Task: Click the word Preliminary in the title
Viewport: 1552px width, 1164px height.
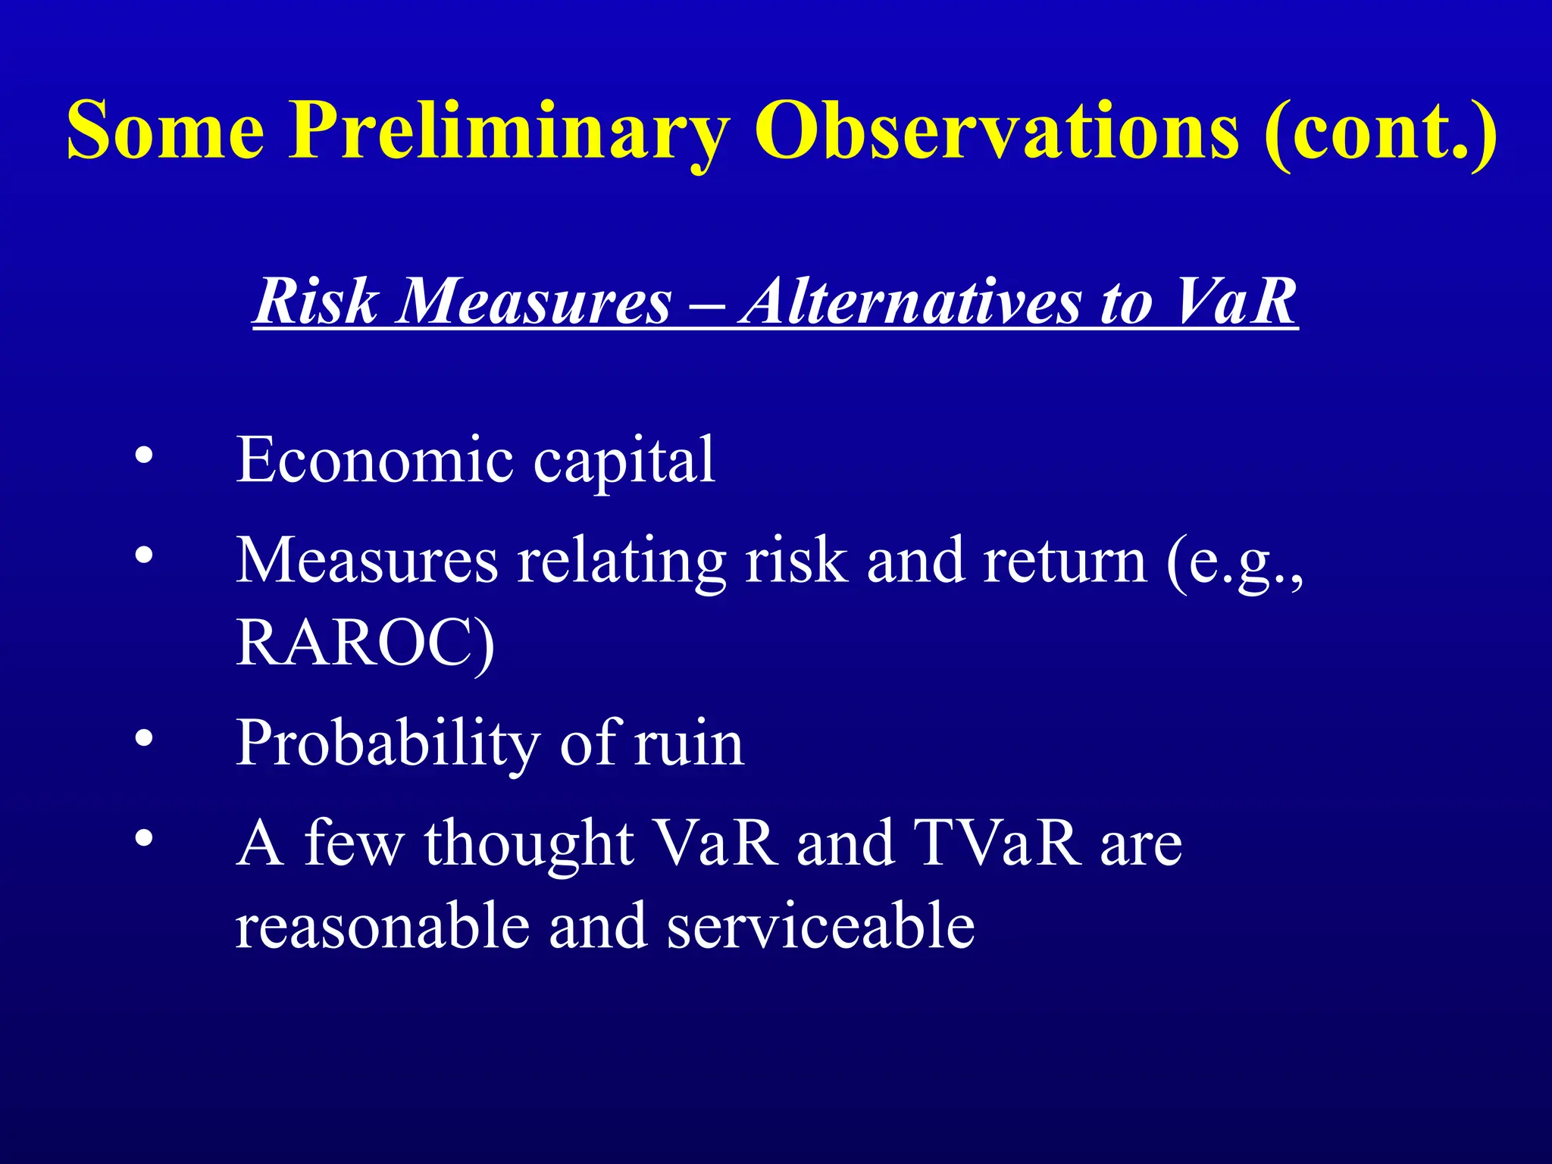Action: [x=509, y=130]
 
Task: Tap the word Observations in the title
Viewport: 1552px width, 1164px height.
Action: [x=997, y=130]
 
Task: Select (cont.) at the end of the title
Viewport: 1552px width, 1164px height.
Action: [x=1379, y=130]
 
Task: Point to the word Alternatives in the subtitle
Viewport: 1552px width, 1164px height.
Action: [x=909, y=302]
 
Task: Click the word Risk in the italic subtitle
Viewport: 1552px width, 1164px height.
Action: [x=315, y=302]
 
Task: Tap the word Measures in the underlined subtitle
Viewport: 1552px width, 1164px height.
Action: [x=534, y=302]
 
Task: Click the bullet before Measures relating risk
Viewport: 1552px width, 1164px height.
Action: [x=144, y=556]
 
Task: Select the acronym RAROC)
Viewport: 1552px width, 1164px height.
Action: [x=365, y=643]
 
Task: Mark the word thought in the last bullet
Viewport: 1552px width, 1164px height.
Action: [x=528, y=844]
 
